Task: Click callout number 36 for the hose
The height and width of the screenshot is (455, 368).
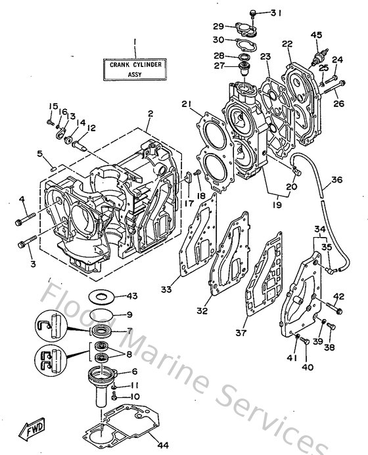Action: pos(336,180)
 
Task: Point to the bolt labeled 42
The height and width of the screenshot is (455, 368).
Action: pos(336,307)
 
